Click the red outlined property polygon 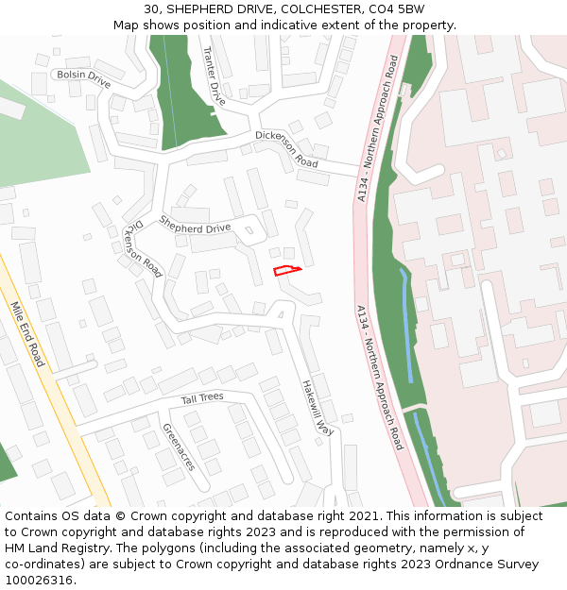pos(286,271)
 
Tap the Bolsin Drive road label pos(83,78)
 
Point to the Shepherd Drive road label pos(195,224)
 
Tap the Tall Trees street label pos(202,398)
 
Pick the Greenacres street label pos(179,447)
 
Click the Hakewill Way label pos(318,407)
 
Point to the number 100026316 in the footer pos(39,581)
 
